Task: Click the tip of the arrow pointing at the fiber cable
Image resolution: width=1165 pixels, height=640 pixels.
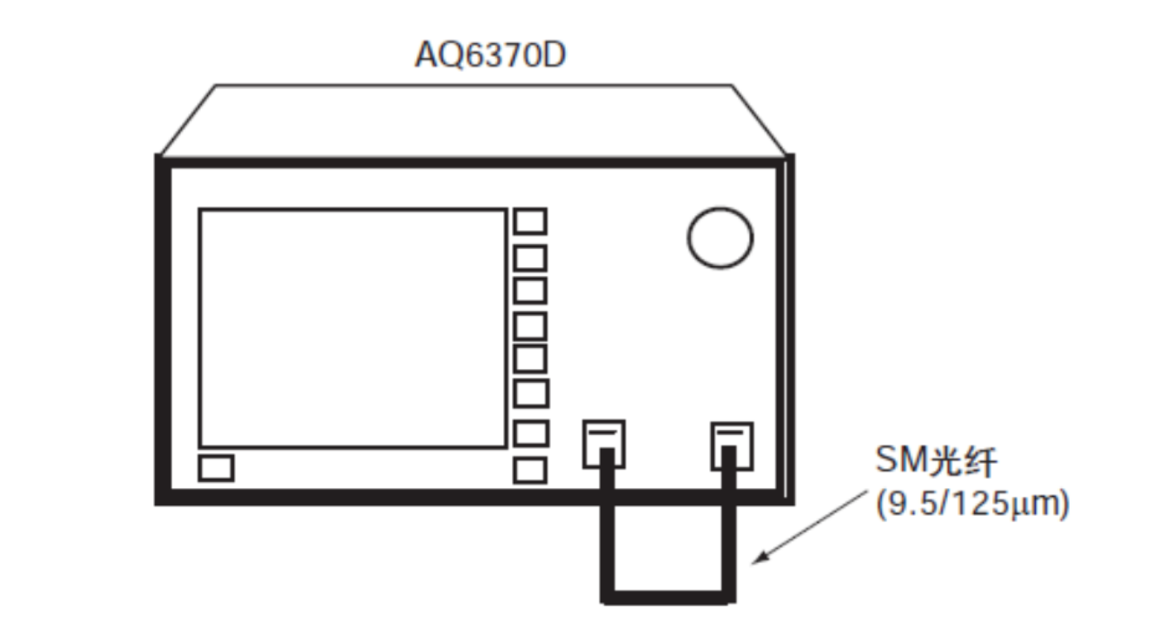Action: [x=753, y=563]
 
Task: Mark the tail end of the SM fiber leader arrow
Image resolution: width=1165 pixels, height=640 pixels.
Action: [x=867, y=490]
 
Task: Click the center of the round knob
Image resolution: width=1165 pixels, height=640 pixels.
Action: [x=721, y=237]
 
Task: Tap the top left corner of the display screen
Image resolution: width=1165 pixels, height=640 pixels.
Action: [x=199, y=209]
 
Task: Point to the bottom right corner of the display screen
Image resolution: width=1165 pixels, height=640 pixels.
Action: [x=506, y=447]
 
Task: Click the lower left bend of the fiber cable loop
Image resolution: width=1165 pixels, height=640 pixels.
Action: [x=607, y=597]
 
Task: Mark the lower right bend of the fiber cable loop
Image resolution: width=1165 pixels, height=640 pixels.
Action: [x=729, y=597]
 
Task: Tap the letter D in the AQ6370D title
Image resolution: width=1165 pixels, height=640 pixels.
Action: [x=553, y=55]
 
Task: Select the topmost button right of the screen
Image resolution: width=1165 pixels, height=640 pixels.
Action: [x=530, y=222]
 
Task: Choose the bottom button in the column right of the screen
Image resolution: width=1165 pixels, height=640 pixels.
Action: [x=530, y=470]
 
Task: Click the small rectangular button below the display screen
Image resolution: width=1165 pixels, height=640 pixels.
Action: [x=216, y=468]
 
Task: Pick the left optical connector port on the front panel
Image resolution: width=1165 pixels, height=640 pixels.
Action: [x=604, y=444]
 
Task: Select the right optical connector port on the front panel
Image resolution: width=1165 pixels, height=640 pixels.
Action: [x=732, y=446]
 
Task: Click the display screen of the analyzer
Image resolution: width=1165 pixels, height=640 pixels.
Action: [x=352, y=328]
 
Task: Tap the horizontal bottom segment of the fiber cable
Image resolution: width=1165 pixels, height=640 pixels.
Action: [x=669, y=597]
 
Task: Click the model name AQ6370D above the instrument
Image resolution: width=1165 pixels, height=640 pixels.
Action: [x=490, y=55]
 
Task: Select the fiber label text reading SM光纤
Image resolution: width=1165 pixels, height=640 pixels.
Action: [x=936, y=461]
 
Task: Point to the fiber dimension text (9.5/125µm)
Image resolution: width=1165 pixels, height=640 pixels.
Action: [x=972, y=504]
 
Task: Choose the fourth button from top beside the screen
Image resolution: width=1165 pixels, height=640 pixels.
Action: [x=530, y=326]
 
